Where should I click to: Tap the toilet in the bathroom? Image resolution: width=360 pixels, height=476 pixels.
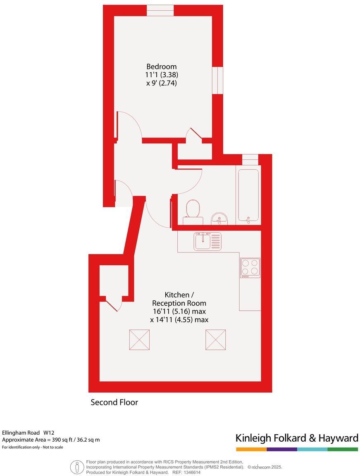pyautogui.click(x=193, y=209)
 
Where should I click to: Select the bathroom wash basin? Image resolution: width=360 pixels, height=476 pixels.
pyautogui.click(x=219, y=218)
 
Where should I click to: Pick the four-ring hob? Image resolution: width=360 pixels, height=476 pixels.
pyautogui.click(x=250, y=267)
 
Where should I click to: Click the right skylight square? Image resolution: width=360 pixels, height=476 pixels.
pyautogui.click(x=216, y=339)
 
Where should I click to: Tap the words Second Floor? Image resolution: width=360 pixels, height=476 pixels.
pyautogui.click(x=114, y=402)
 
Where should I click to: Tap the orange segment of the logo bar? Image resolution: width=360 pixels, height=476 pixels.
pyautogui.click(x=251, y=449)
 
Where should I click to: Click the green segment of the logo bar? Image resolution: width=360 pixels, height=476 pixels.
pyautogui.click(x=343, y=449)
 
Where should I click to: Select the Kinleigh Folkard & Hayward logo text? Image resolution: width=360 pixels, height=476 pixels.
pyautogui.click(x=297, y=438)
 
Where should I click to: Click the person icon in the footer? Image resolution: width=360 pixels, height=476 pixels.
pyautogui.click(x=77, y=467)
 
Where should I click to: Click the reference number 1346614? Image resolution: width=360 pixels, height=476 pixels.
pyautogui.click(x=192, y=472)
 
